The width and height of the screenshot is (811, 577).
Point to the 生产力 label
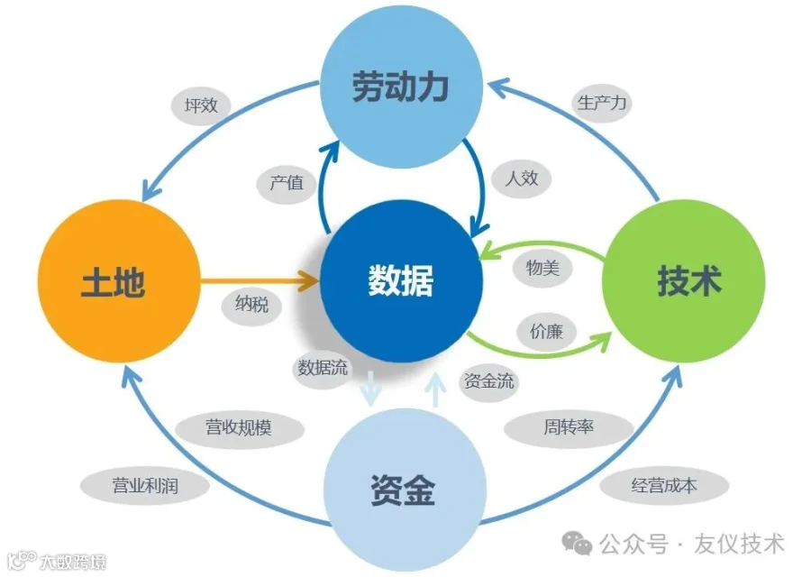[601, 102]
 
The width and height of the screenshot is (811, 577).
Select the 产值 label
[287, 183]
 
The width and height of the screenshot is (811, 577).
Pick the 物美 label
[542, 268]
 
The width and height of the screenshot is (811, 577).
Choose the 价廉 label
[546, 332]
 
